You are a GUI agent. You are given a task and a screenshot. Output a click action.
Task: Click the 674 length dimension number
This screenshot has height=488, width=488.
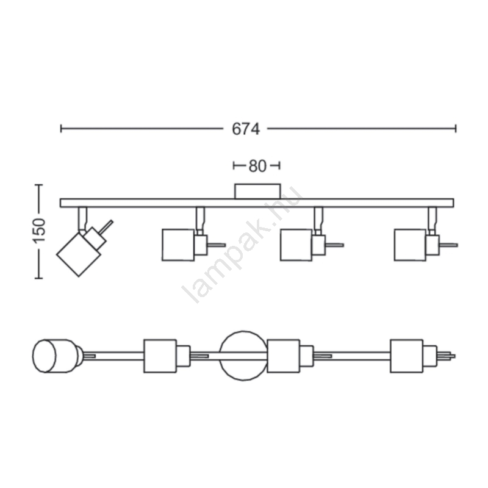[x=246, y=129]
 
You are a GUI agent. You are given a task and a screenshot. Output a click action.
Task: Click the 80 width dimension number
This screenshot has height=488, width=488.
[x=257, y=166]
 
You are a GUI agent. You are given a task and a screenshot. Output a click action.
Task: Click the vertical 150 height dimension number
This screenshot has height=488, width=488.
[x=40, y=231]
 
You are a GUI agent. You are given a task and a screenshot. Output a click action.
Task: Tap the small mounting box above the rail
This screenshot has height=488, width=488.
[x=257, y=191]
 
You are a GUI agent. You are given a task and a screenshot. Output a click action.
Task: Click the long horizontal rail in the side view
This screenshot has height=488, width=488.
[x=257, y=203]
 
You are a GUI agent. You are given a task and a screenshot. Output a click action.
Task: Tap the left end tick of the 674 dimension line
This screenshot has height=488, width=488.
[x=61, y=129]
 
